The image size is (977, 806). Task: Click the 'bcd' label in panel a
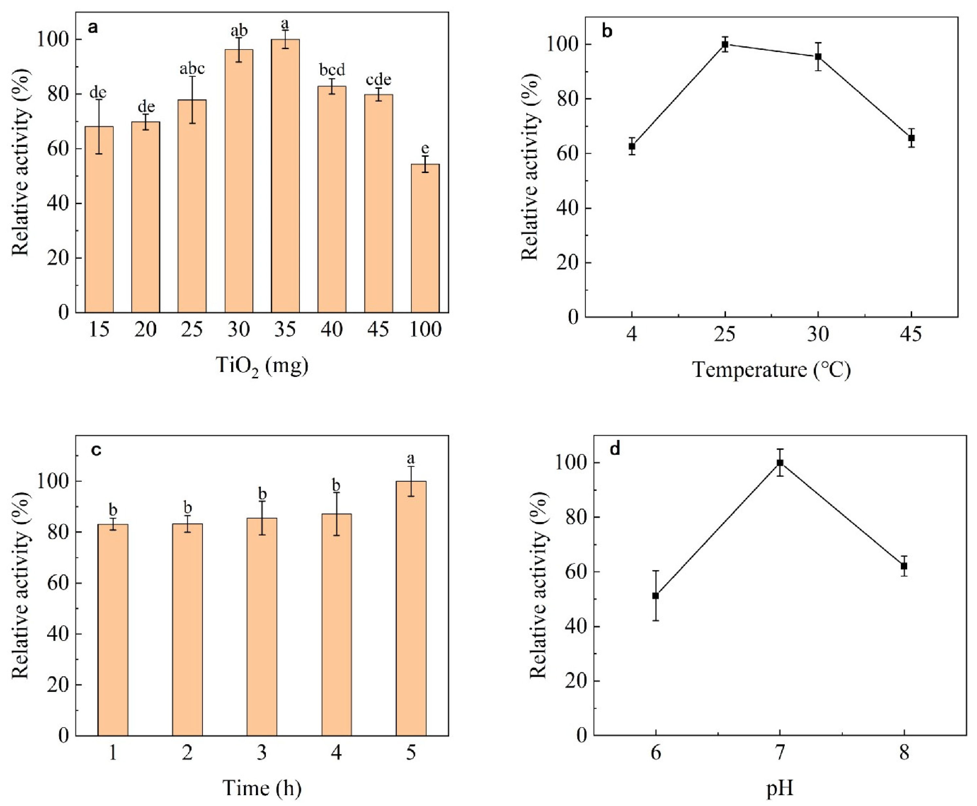[332, 70]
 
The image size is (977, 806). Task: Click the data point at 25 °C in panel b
[725, 45]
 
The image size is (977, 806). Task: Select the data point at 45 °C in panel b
[912, 138]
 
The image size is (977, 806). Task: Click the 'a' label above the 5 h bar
[411, 459]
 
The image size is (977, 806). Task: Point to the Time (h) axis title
[262, 788]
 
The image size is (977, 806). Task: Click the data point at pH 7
[780, 463]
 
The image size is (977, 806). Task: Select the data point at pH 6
[655, 596]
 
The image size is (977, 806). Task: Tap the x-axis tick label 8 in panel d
[904, 753]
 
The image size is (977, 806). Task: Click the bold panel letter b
[607, 31]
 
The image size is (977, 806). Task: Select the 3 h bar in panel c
[262, 627]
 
